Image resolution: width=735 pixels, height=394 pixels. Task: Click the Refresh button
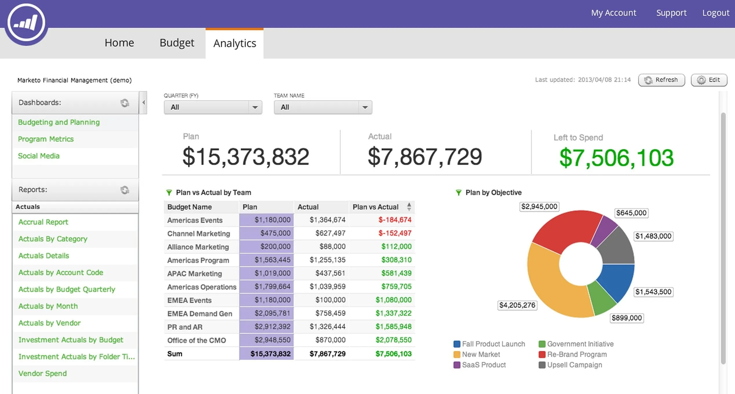661,80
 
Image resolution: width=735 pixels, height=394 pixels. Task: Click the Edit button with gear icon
709,80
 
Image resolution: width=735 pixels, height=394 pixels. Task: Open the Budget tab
177,43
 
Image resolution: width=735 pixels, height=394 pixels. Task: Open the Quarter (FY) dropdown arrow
255,107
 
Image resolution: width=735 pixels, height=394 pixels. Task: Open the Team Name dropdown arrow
365,107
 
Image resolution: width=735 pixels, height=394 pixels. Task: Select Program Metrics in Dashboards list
46,139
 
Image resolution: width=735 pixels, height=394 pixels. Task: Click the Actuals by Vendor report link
50,323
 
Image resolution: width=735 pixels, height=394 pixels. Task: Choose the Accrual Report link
43,222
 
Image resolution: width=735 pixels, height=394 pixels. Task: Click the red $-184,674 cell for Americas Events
394,220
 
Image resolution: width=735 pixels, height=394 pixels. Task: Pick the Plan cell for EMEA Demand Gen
272,313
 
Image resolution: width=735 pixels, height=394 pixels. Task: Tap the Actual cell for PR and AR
327,327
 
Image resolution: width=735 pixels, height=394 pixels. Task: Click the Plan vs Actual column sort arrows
409,207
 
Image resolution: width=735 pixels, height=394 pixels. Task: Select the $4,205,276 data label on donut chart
517,305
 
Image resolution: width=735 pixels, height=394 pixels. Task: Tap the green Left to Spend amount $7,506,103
616,158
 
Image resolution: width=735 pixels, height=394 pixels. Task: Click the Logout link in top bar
715,13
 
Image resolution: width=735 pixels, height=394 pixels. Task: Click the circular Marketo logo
26,23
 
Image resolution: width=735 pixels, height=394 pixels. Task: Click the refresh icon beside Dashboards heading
125,103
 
